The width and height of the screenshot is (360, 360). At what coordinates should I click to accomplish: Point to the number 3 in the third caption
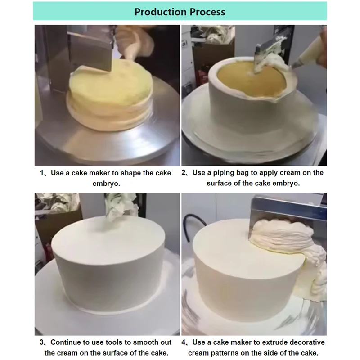[x=41, y=343]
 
